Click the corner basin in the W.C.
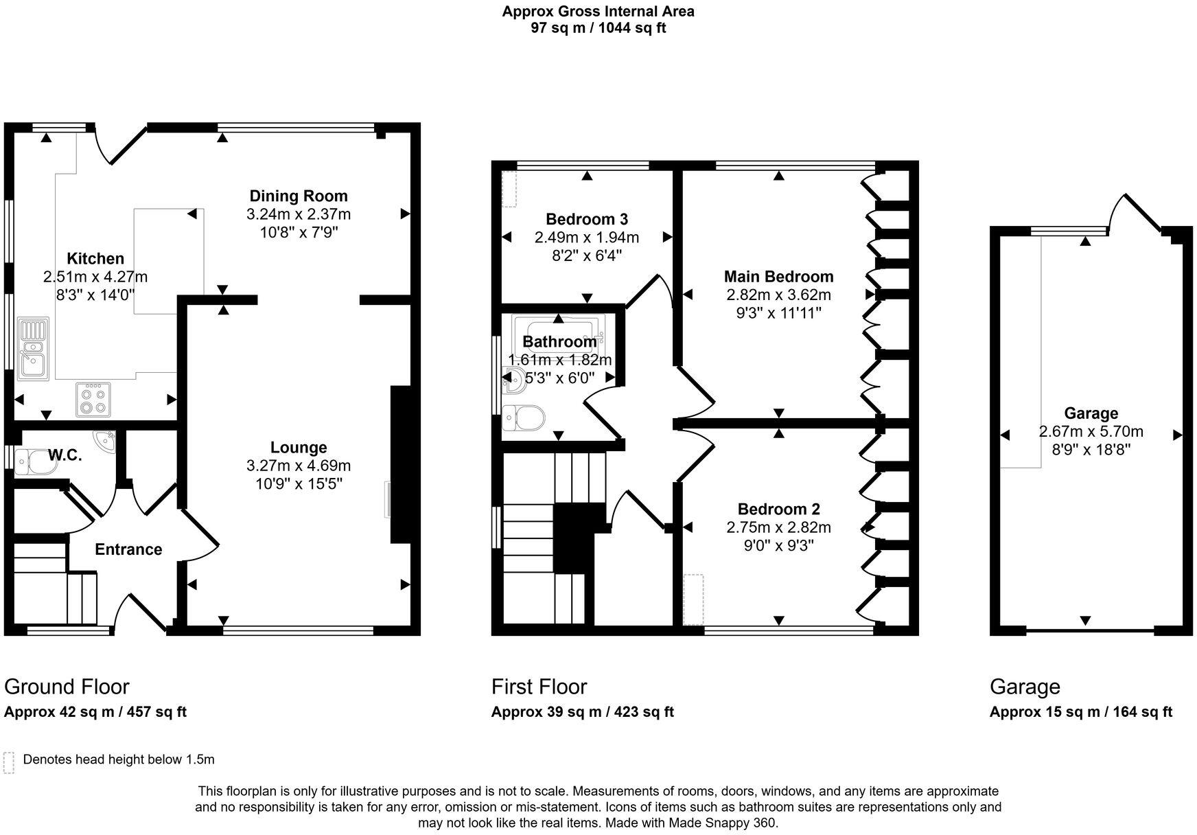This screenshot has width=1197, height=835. point(104,439)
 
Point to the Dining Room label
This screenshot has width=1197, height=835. point(298,196)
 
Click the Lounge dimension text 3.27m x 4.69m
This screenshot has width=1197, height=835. point(298,466)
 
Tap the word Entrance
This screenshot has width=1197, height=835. point(128,549)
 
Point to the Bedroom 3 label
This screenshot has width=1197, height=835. point(586,220)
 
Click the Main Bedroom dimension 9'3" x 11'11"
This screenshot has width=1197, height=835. point(778,313)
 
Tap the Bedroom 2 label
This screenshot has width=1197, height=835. point(778,510)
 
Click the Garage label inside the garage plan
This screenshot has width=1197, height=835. point(1091,413)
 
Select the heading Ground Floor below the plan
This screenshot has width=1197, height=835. point(67,687)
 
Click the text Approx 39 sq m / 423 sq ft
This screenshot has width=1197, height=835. point(582,712)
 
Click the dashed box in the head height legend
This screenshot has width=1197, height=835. point(9,762)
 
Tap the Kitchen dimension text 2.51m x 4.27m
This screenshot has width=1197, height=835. point(95,277)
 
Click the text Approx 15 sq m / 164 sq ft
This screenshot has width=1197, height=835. point(1080,712)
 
